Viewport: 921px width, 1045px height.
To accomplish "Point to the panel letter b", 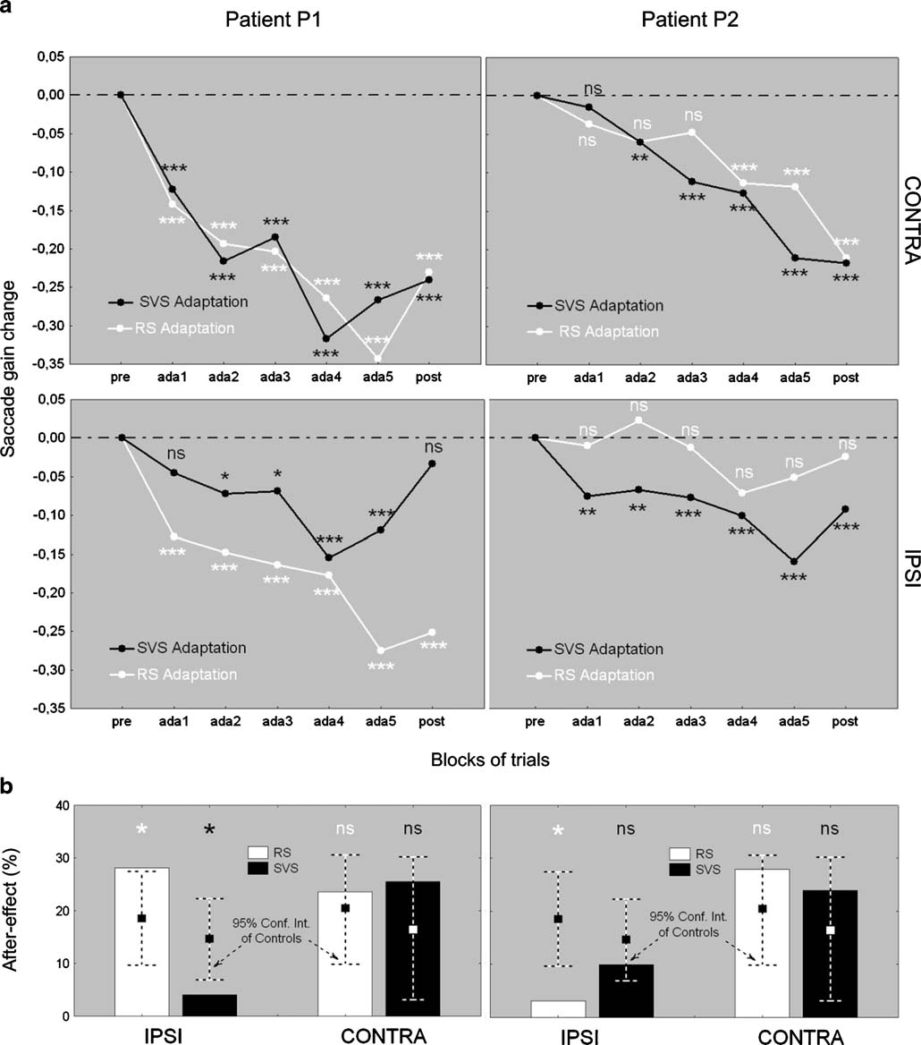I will coord(8,787).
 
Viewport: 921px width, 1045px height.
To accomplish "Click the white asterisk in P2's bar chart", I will coord(557,831).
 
